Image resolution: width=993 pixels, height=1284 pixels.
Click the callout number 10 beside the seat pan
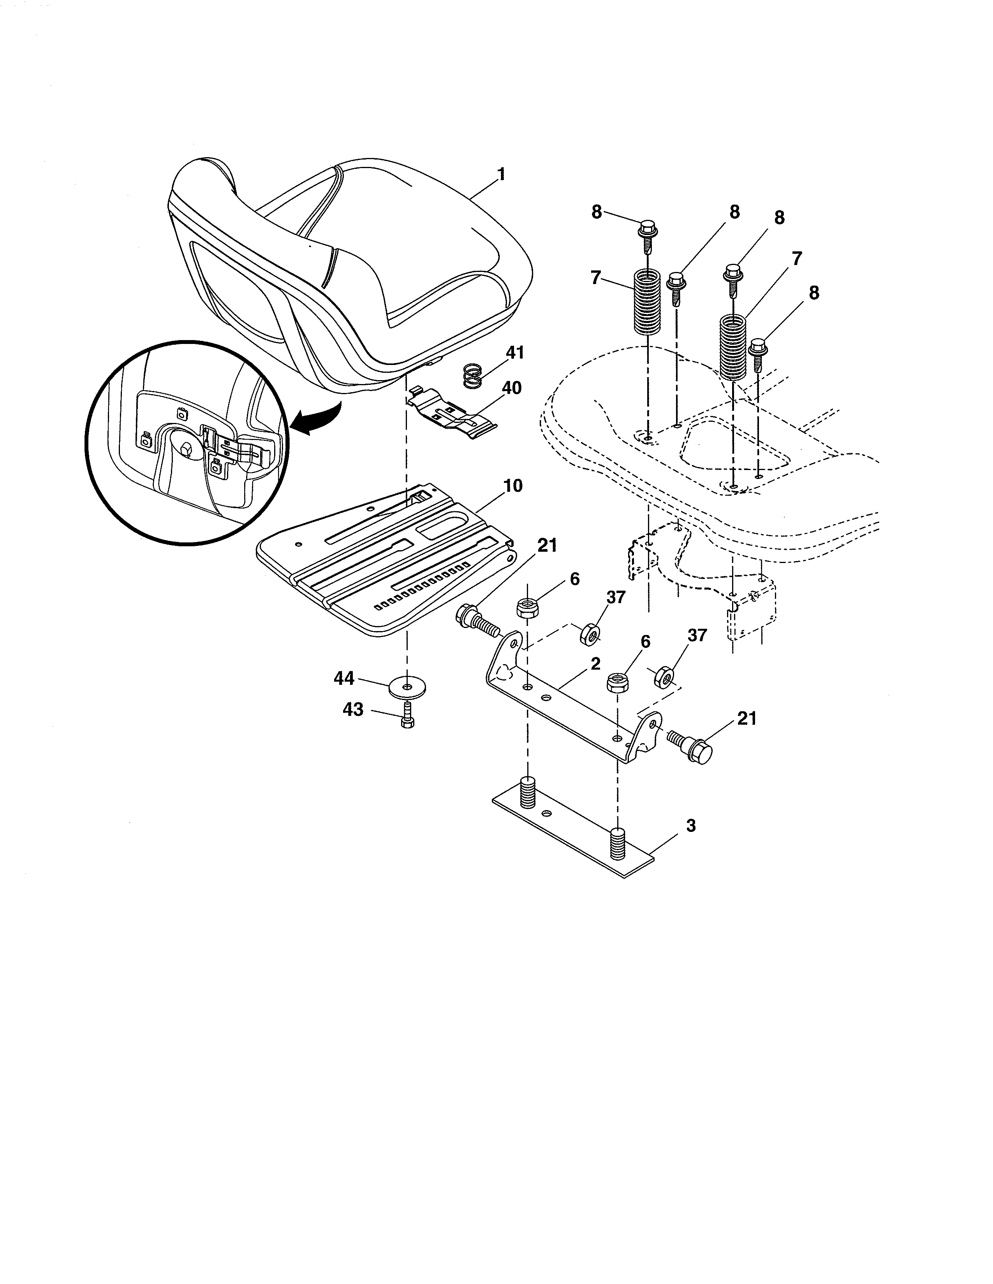pos(513,486)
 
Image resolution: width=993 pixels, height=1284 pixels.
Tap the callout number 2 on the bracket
pos(595,664)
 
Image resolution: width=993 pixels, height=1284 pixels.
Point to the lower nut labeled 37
pos(663,677)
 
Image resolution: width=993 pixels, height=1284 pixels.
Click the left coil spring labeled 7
pos(648,302)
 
